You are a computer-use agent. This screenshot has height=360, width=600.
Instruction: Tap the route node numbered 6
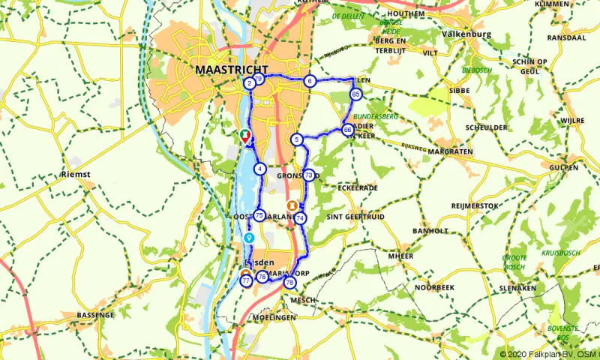[x=309, y=81]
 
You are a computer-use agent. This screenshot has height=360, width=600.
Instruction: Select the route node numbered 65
[x=355, y=94]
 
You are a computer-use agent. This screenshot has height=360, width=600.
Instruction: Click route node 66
[x=347, y=130]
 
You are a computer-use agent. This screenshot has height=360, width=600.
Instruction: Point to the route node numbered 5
[x=297, y=139]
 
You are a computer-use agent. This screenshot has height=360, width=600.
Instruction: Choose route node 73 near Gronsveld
[x=308, y=175]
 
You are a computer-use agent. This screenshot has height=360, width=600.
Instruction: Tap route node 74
[x=300, y=218]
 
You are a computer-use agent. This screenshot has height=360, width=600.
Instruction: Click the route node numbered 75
[x=259, y=215]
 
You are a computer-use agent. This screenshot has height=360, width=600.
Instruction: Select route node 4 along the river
[x=259, y=169]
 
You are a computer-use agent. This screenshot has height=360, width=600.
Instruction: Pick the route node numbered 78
[x=289, y=283]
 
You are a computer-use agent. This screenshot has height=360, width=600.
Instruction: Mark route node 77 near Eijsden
[x=245, y=281]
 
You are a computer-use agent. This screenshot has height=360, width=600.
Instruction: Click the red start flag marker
[x=245, y=136]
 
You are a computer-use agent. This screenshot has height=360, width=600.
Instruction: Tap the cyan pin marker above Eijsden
[x=249, y=237]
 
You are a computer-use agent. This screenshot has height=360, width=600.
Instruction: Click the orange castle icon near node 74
[x=291, y=204]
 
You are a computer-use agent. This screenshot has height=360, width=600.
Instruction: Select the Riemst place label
[x=75, y=174]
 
